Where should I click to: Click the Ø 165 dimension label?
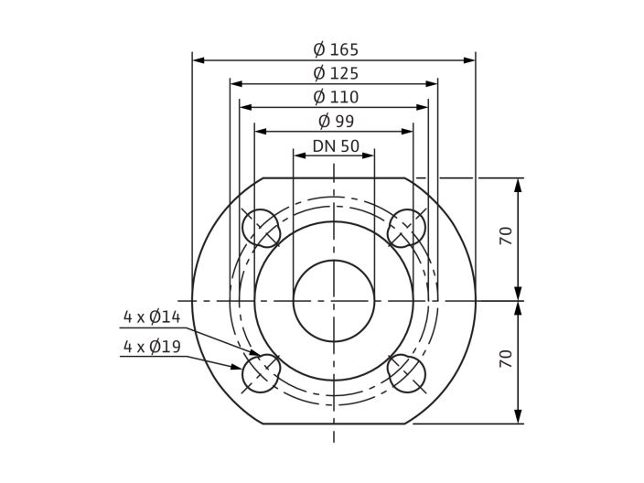pyautogui.click(x=336, y=49)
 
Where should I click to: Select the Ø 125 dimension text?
pyautogui.click(x=336, y=73)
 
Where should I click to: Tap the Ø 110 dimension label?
pyautogui.click(x=336, y=97)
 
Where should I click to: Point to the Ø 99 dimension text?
pyautogui.click(x=336, y=121)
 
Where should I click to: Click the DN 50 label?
pyautogui.click(x=336, y=145)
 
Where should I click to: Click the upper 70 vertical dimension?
pyautogui.click(x=505, y=236)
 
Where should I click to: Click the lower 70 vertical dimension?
pyautogui.click(x=505, y=359)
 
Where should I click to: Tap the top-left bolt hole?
pyautogui.click(x=261, y=228)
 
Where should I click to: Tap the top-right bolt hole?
pyautogui.click(x=406, y=228)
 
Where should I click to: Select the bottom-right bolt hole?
pyautogui.click(x=406, y=373)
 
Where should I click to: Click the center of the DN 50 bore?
pyautogui.click(x=334, y=300)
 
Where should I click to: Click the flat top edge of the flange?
pyautogui.click(x=334, y=177)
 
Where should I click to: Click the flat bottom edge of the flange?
pyautogui.click(x=334, y=424)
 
